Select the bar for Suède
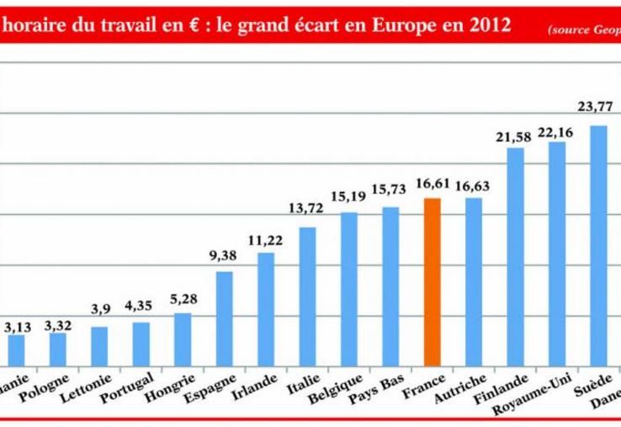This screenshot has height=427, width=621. tap(598, 244)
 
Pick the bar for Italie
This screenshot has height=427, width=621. tap(307, 296)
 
